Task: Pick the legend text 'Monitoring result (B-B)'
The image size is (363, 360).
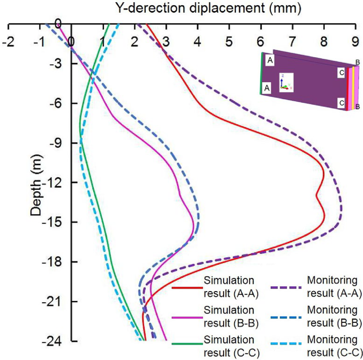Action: tap(334, 317)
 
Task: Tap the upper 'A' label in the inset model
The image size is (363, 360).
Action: tap(270, 61)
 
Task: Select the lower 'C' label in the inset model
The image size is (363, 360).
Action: tap(342, 102)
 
